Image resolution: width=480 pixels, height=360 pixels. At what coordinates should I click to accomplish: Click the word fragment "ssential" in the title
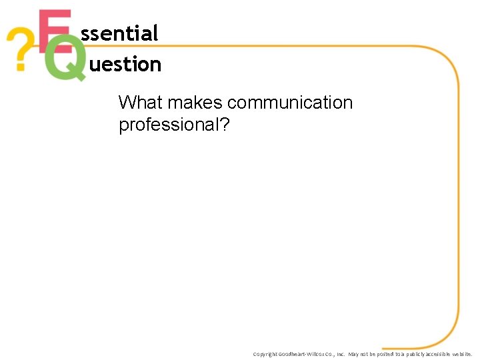119,33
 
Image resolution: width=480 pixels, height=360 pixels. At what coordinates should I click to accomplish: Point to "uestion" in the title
125,65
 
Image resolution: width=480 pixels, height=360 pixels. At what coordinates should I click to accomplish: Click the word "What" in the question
141,103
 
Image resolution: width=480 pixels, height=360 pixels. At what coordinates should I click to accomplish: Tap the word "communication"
290,103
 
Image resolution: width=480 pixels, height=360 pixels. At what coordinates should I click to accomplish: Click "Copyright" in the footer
265,354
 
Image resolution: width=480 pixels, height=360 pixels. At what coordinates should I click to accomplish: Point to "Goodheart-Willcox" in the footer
304,354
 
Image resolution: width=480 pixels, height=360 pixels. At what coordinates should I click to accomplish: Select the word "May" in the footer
353,354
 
